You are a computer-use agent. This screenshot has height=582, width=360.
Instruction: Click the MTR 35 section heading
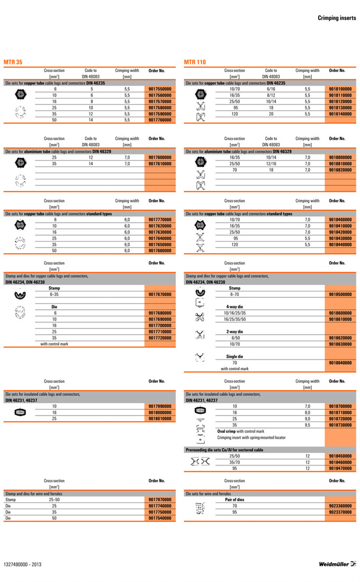pyautogui.click(x=13, y=62)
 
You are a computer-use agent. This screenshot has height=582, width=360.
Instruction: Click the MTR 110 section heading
pyautogui.click(x=195, y=62)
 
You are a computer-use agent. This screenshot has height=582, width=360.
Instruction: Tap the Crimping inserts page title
pyautogui.click(x=337, y=18)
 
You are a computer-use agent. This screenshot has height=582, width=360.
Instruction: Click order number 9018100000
pyautogui.click(x=340, y=89)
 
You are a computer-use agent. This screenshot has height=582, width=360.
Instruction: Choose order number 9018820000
pyautogui.click(x=340, y=170)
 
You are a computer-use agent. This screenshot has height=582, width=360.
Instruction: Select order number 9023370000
pyautogui.click(x=340, y=512)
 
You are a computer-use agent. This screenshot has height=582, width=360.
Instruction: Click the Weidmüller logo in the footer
pyautogui.click(x=337, y=564)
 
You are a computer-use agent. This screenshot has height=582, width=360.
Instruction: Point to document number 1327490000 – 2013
pyautogui.click(x=22, y=564)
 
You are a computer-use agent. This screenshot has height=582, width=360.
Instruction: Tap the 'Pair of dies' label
pyautogui.click(x=236, y=499)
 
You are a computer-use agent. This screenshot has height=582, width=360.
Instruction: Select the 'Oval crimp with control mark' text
pyautogui.click(x=240, y=431)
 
